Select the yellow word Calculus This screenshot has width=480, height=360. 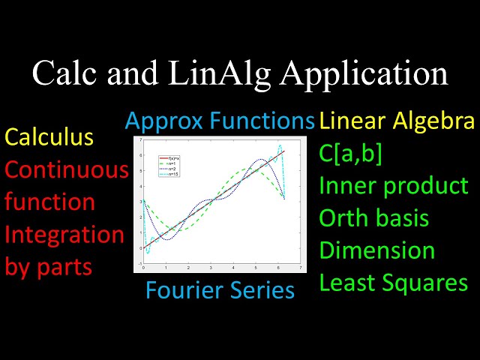click(x=49, y=137)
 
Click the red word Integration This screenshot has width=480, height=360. click(x=64, y=235)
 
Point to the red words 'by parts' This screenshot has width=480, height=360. click(x=48, y=267)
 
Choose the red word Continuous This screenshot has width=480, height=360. click(x=67, y=170)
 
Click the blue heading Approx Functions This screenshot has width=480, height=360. click(x=220, y=120)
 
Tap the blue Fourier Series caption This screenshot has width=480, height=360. click(x=220, y=289)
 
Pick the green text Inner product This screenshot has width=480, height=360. click(x=394, y=185)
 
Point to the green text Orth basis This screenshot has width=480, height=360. click(x=374, y=217)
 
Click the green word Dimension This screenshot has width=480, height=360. click(x=377, y=250)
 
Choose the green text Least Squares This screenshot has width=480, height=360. click(x=394, y=283)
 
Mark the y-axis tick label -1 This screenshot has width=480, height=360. click(x=138, y=263)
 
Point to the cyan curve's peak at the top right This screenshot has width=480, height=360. click(x=280, y=145)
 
